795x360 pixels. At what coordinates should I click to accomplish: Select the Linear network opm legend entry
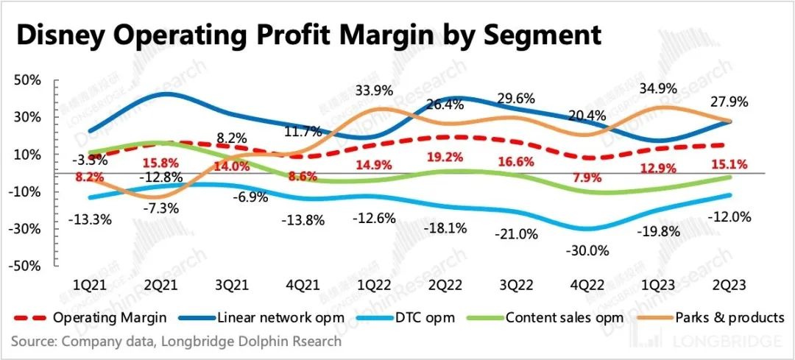click(x=273, y=318)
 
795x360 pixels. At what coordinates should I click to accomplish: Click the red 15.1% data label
click(x=731, y=164)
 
